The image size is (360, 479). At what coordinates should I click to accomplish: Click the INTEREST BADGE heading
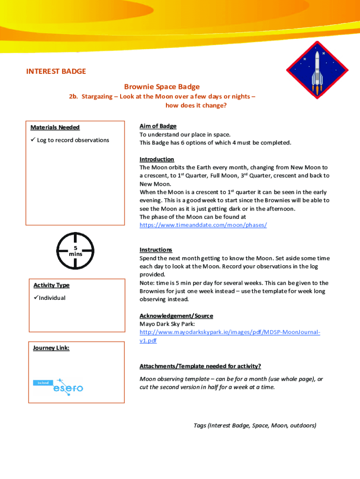pyautogui.click(x=56, y=72)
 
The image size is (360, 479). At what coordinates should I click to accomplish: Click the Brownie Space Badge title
pyautogui.click(x=162, y=87)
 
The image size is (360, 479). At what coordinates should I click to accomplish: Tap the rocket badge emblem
pyautogui.click(x=317, y=69)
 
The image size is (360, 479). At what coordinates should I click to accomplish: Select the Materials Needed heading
pyautogui.click(x=55, y=127)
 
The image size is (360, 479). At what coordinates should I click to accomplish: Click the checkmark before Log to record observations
pyautogui.click(x=33, y=140)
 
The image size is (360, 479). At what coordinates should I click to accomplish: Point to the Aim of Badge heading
pyautogui.click(x=158, y=126)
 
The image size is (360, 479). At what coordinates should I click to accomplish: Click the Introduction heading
pyautogui.click(x=157, y=160)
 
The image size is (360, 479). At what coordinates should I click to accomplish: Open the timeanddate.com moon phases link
pyautogui.click(x=203, y=225)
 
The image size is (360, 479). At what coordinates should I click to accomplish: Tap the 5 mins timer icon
pyautogui.click(x=75, y=251)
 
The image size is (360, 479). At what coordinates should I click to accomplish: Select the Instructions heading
pyautogui.click(x=156, y=250)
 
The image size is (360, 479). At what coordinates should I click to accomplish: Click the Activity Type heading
pyautogui.click(x=51, y=285)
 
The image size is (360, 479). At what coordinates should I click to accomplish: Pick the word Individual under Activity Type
pyautogui.click(x=52, y=298)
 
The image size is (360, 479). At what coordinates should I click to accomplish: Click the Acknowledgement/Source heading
pyautogui.click(x=176, y=316)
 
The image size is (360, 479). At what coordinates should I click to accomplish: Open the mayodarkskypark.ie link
pyautogui.click(x=230, y=332)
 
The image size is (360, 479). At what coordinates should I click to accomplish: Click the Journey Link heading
pyautogui.click(x=51, y=348)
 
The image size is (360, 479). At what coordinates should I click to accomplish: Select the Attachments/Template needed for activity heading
pyautogui.click(x=200, y=366)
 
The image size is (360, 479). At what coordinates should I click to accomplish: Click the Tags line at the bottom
pyautogui.click(x=255, y=425)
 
